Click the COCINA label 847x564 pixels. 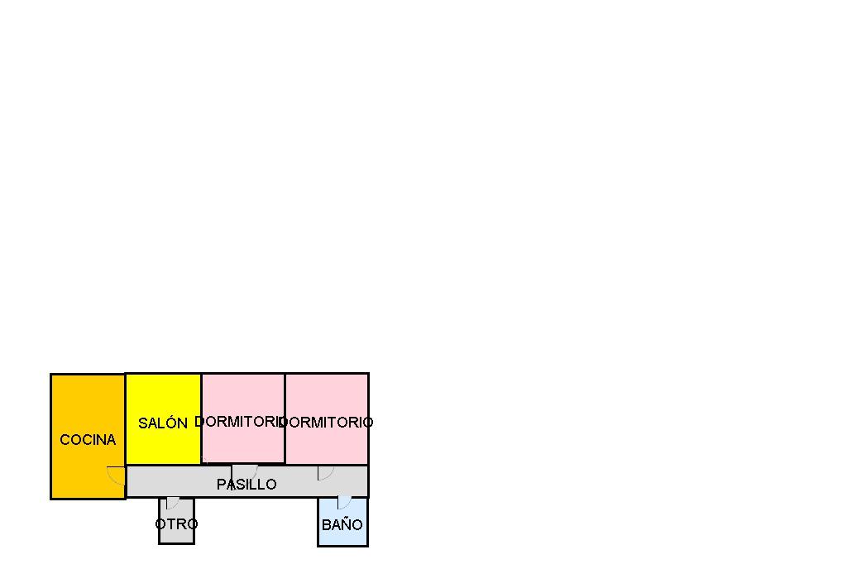[88, 440]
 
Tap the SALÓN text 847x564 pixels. [163, 423]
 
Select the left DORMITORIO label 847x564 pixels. [239, 422]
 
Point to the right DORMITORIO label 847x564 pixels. [328, 423]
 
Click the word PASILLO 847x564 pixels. [246, 485]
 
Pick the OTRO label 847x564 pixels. [176, 524]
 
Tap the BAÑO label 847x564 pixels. [342, 525]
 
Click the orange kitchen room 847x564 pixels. [88, 405]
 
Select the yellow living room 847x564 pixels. [163, 397]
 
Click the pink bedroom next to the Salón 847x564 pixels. [243, 397]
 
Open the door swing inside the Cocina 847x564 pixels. [116, 475]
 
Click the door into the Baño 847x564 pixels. [343, 502]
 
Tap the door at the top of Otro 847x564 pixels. [172, 502]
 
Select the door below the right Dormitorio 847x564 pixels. [325, 472]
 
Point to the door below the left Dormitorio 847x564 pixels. [245, 471]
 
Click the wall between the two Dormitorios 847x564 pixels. [285, 405]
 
